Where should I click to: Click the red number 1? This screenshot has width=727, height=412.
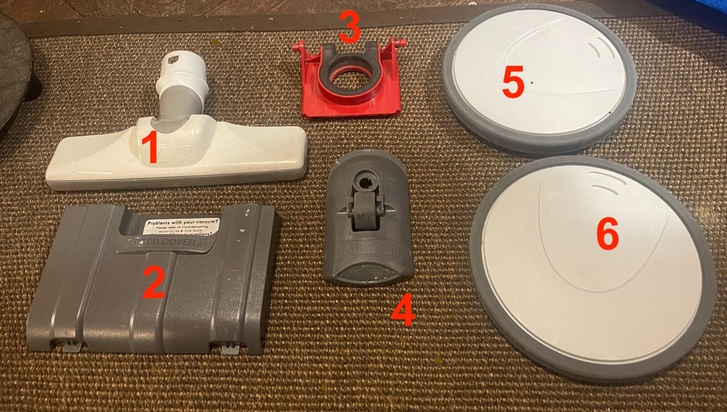point(149,148)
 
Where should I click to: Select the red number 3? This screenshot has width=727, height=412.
point(350,27)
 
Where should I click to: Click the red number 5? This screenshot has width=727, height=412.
point(513,84)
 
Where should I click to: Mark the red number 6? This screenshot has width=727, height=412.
point(608,235)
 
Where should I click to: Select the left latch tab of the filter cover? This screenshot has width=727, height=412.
point(71,346)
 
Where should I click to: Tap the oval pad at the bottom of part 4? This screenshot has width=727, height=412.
point(368,272)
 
